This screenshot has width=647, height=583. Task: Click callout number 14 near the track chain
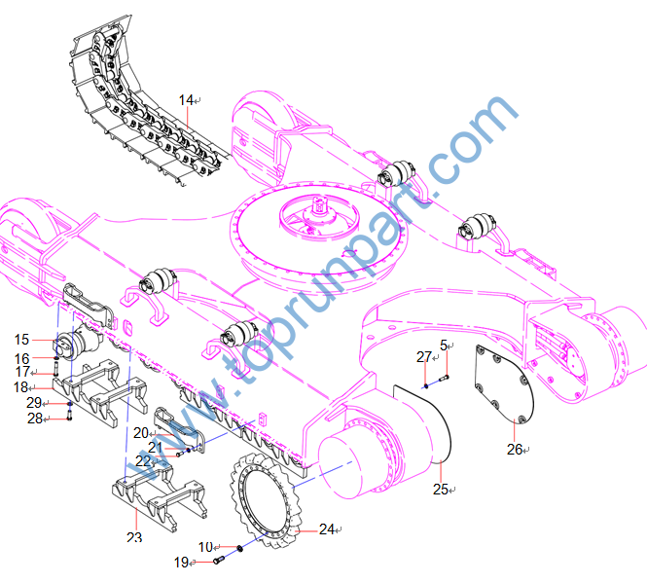coord(186,100)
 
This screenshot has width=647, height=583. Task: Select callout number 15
coord(21,340)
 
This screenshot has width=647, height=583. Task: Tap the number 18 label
coord(20,387)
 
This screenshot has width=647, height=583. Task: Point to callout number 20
coord(141,433)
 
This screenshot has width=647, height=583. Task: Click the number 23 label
coord(134,537)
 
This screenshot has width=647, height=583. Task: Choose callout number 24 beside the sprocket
coord(327,528)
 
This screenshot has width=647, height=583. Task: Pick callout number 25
coord(441,490)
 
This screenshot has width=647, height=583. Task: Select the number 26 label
coord(515,450)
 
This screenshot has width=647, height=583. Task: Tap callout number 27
coord(424,357)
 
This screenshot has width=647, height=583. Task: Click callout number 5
coord(444,346)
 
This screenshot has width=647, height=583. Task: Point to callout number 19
coord(182,562)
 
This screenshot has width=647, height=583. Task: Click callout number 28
coord(35,419)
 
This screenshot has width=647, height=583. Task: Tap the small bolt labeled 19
coord(218,560)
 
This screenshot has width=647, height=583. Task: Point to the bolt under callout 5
coord(444,377)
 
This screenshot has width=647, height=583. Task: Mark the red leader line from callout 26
coord(514,430)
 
